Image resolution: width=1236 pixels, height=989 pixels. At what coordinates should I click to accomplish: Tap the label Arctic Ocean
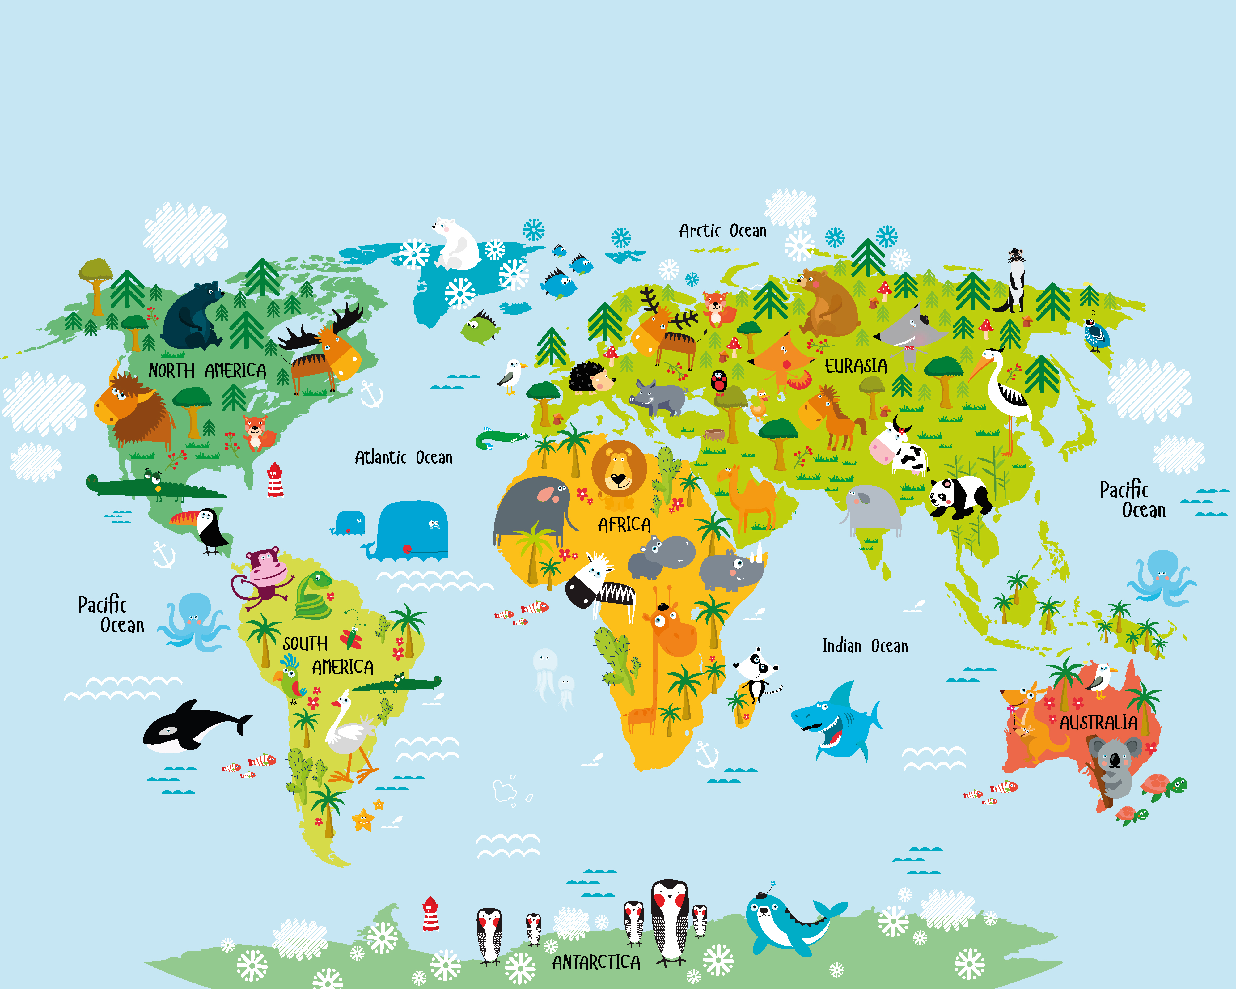pyautogui.click(x=722, y=231)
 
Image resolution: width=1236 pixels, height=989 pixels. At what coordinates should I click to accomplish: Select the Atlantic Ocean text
pyautogui.click(x=403, y=457)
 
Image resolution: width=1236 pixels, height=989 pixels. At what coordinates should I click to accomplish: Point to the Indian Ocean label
pyautogui.click(x=865, y=646)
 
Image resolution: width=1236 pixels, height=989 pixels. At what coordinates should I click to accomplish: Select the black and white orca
pyautogui.click(x=192, y=727)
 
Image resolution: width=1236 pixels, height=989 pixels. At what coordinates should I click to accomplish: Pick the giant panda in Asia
pyautogui.click(x=959, y=496)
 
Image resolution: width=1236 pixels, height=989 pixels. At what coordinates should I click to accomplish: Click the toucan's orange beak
pyautogui.click(x=184, y=519)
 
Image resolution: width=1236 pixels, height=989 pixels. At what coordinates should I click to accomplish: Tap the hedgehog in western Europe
pyautogui.click(x=590, y=377)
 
